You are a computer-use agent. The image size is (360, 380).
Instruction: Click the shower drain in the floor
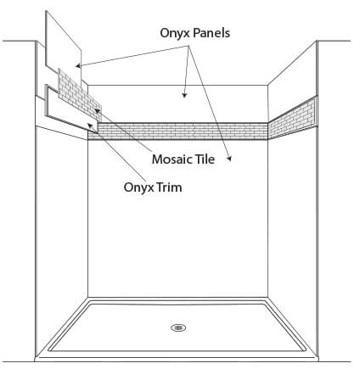[x=178, y=327]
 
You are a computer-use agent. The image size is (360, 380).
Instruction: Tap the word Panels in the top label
[x=211, y=32]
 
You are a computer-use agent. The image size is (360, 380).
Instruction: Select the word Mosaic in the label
[x=172, y=159]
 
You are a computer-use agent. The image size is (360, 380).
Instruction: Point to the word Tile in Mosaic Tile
[x=205, y=159]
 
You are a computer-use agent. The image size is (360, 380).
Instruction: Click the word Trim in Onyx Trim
[x=169, y=187]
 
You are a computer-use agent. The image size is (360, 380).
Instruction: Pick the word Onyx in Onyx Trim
[x=138, y=187]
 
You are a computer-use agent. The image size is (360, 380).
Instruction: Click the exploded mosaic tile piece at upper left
[x=80, y=95]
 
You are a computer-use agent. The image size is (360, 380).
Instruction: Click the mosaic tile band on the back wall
[x=177, y=131]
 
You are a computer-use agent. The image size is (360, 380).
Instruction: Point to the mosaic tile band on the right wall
[x=292, y=118]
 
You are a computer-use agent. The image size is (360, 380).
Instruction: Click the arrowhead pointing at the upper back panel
[x=184, y=94]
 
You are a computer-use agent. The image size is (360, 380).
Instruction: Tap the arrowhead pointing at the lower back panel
[x=229, y=159]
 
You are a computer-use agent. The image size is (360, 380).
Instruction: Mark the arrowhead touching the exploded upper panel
[x=79, y=66]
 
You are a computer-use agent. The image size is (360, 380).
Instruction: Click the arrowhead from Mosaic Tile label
[x=98, y=111]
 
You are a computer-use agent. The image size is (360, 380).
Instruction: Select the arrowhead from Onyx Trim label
[x=91, y=126]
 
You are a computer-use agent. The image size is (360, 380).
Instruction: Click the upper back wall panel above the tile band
[x=177, y=103]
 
